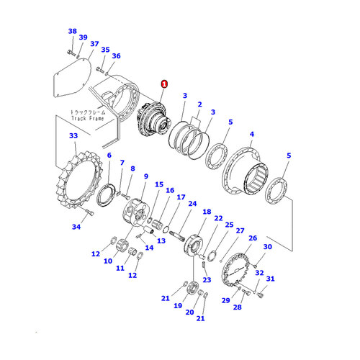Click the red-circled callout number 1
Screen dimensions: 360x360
164,84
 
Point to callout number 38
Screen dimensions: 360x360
71,31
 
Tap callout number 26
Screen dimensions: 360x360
252,238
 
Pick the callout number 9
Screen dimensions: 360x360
145,176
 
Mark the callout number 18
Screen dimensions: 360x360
207,212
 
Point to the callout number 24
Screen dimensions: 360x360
192,203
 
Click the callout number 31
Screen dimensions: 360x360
270,279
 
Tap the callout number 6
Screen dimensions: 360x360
109,155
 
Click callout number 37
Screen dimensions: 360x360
94,44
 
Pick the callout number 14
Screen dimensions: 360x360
150,247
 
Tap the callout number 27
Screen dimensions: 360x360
240,231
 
